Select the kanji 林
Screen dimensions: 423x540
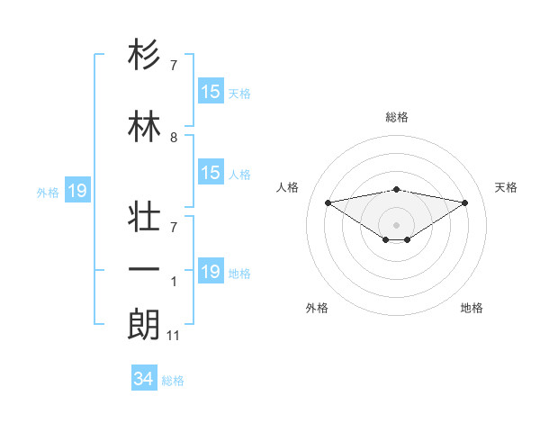(145, 126)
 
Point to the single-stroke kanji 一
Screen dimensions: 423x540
(145, 269)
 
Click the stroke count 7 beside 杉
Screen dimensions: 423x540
(174, 67)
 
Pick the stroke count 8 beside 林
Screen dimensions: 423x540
(174, 138)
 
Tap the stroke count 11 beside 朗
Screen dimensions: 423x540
(174, 336)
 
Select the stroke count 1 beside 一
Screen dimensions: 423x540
(174, 283)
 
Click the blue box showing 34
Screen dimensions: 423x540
(143, 379)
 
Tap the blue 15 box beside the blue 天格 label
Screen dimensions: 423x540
(211, 92)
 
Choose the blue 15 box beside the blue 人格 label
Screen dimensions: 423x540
(211, 173)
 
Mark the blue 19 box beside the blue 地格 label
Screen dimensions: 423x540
(211, 272)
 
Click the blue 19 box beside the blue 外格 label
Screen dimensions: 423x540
(76, 191)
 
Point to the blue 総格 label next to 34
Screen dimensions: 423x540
(173, 381)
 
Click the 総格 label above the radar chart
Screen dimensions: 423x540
(397, 117)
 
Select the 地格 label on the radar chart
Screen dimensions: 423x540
(472, 308)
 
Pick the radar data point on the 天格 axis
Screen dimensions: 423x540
(465, 202)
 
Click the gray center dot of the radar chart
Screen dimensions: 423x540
(396, 223)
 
